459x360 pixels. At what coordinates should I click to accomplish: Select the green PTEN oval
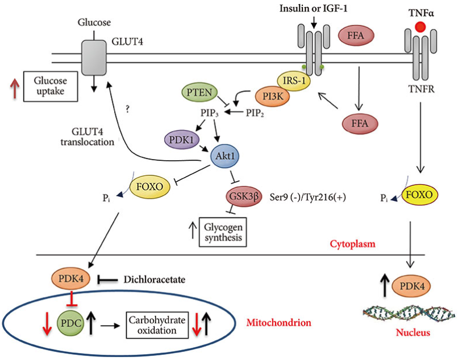tap(200, 93)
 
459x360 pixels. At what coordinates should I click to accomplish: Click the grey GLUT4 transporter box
tap(95, 58)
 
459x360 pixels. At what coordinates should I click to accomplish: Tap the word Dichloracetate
tap(154, 280)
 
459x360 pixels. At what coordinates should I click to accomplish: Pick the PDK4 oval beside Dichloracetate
tap(71, 280)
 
